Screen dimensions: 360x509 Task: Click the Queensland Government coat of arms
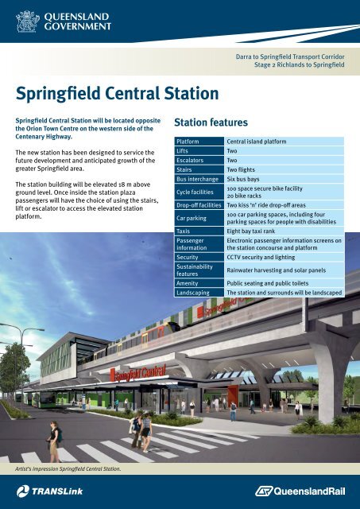pos(28,21)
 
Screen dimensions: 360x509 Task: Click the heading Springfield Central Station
pos(117,94)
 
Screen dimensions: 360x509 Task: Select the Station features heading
pos(211,122)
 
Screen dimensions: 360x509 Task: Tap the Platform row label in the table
pos(199,142)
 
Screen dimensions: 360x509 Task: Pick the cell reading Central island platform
pos(285,142)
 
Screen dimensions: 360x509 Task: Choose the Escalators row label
pos(199,160)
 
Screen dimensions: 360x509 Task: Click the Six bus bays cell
pos(285,179)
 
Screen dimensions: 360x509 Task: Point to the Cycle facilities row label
pos(199,192)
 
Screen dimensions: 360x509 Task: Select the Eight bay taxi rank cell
pos(285,231)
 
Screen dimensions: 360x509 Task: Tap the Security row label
pos(199,257)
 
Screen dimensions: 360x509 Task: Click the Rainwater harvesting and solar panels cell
pos(285,270)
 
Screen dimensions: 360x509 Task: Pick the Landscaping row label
pos(199,293)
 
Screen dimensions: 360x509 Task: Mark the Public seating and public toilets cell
pos(285,283)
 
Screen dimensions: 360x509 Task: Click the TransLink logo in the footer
pos(49,492)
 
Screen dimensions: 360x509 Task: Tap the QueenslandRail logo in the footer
pos(300,492)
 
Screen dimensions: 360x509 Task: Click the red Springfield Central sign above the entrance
pos(138,374)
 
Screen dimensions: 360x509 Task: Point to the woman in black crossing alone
pos(54,441)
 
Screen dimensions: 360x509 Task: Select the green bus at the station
pos(45,399)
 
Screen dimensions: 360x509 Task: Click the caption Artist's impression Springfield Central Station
pos(68,468)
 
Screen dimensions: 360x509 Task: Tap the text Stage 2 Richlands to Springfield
pos(299,64)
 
